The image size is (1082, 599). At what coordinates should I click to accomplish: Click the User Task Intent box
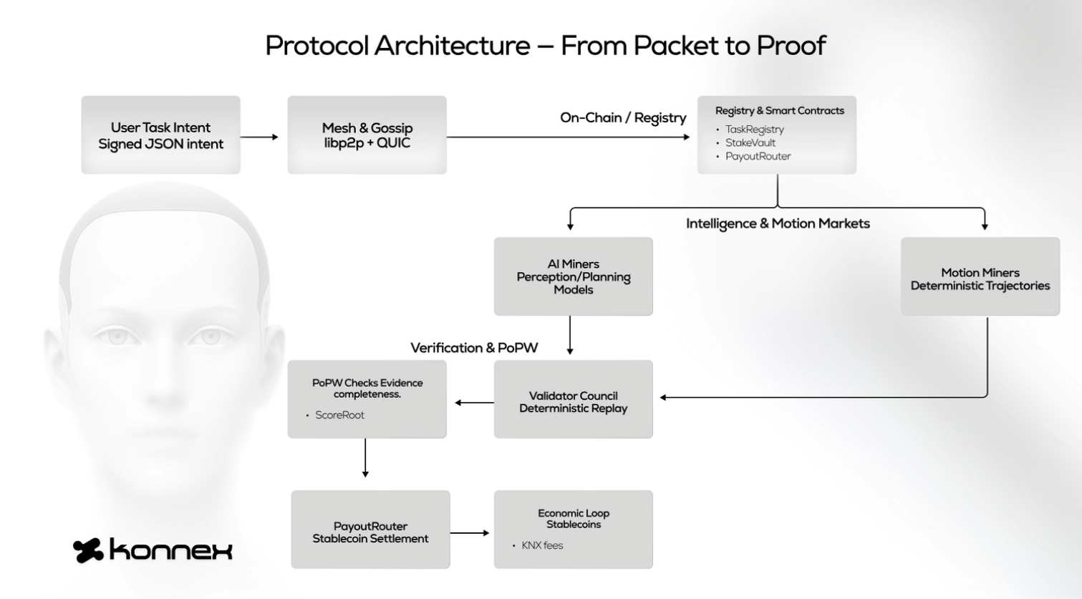(160, 135)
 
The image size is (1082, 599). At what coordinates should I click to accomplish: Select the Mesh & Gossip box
(367, 135)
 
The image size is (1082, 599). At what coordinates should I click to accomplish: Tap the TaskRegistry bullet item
(754, 130)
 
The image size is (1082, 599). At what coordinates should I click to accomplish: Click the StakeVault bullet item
(750, 142)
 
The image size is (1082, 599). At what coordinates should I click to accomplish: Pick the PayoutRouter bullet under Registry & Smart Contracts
(758, 156)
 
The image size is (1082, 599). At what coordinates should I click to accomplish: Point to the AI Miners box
(573, 276)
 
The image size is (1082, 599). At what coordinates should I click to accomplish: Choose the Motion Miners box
(980, 278)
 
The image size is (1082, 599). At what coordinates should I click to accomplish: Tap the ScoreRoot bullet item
(339, 415)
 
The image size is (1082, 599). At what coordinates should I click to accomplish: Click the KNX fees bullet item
(542, 545)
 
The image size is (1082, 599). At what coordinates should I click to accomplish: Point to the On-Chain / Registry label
(622, 118)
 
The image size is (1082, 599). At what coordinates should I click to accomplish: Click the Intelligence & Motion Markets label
(778, 223)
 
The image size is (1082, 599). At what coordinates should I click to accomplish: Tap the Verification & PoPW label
(474, 348)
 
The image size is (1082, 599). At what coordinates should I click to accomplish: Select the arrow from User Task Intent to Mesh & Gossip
(259, 137)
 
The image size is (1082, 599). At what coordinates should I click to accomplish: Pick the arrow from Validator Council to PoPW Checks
(474, 402)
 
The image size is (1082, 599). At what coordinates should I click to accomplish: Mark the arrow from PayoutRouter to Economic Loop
(470, 532)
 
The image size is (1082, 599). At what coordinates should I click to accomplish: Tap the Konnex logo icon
(88, 550)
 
